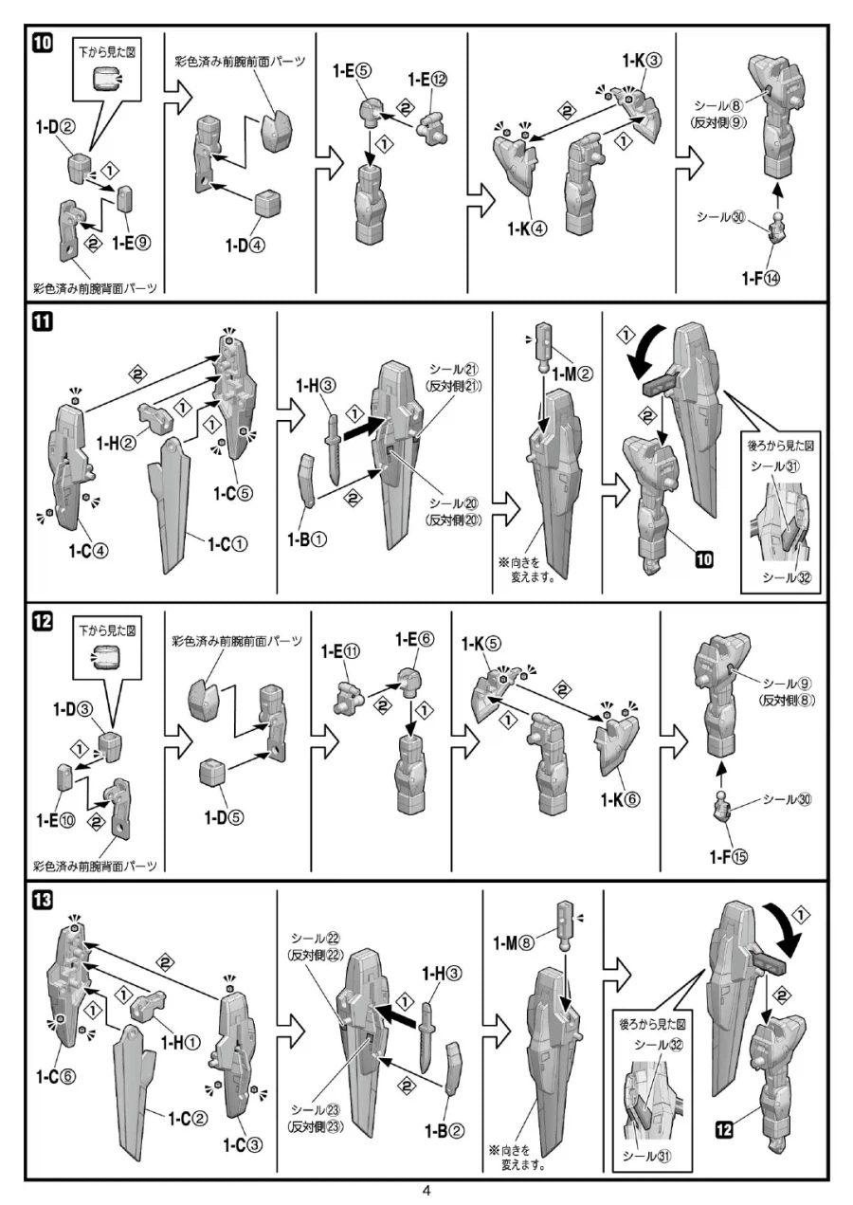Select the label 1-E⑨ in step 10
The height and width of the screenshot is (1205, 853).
pyautogui.click(x=131, y=244)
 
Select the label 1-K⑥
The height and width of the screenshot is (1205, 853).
pyautogui.click(x=620, y=798)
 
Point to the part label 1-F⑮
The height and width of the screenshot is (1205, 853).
pyautogui.click(x=728, y=857)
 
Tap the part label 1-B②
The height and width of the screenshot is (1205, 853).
pyautogui.click(x=445, y=1131)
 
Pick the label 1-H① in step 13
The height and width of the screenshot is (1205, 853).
pyautogui.click(x=179, y=1043)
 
